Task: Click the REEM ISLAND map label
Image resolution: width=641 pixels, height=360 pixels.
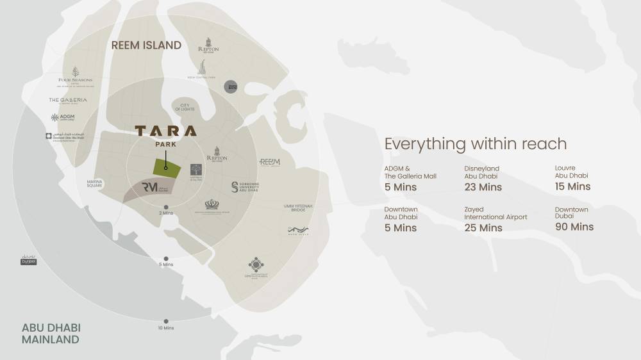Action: tap(146, 45)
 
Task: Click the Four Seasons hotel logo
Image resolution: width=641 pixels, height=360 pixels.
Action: tap(76, 76)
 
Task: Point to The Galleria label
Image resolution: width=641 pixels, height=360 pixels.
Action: tap(68, 101)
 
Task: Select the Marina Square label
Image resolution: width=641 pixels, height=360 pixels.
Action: tap(99, 183)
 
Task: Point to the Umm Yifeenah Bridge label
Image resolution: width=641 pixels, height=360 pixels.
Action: tap(297, 208)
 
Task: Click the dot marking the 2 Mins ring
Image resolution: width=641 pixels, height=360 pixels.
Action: tap(166, 207)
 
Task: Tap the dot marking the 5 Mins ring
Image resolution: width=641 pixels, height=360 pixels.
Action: tap(166, 257)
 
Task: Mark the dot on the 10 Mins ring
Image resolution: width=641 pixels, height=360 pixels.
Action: tap(166, 321)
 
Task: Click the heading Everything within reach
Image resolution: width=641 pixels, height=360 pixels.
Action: tap(476, 143)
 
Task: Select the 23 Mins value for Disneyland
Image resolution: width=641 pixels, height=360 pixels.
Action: tap(483, 187)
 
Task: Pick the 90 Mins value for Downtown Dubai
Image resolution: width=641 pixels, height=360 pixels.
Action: tap(574, 227)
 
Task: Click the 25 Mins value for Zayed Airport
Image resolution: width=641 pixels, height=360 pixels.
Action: tap(483, 227)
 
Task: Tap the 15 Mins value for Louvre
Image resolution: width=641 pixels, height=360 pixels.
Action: tap(572, 186)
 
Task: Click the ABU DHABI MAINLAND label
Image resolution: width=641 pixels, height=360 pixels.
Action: tap(51, 333)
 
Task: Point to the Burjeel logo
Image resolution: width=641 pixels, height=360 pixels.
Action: tap(29, 261)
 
